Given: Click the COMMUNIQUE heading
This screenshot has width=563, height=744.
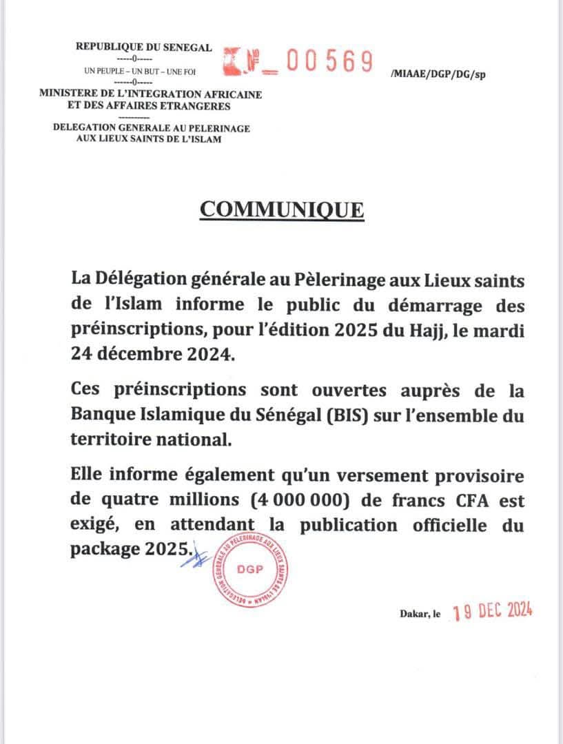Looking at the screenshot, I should click(281, 209).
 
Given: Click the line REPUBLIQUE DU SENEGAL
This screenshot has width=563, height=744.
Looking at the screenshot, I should click(143, 48).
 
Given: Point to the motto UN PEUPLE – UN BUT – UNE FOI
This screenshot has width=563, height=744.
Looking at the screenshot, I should click(140, 71).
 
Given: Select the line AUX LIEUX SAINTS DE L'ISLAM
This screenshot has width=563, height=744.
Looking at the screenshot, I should click(152, 140).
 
